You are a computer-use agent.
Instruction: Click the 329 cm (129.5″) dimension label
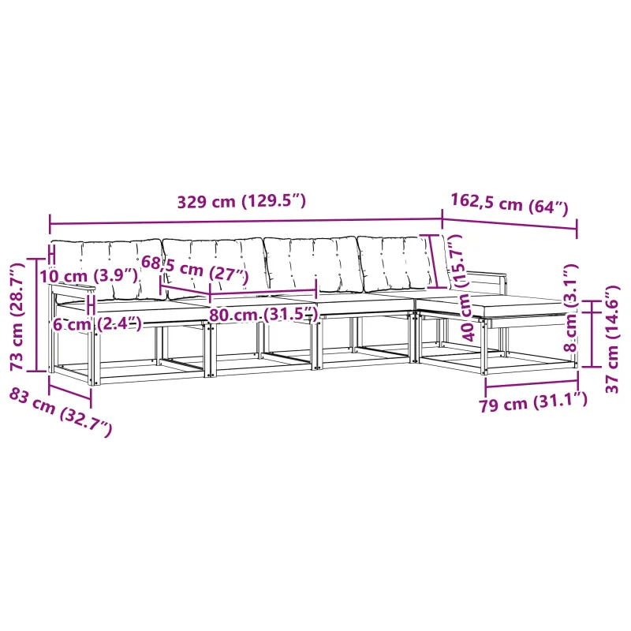click(241, 201)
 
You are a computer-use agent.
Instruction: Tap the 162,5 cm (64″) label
click(509, 204)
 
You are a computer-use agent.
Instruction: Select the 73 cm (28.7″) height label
click(17, 317)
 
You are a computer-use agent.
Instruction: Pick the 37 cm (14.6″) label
click(612, 339)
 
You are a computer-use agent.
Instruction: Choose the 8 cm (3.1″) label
click(571, 308)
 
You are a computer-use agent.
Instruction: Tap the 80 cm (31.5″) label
click(263, 314)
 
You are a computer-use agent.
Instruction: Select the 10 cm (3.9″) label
click(88, 276)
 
